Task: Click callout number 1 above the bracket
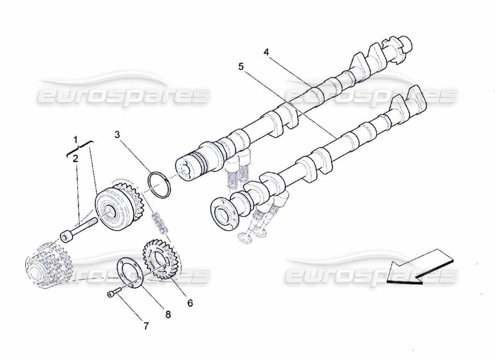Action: click(76, 139)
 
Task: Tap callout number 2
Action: click(75, 158)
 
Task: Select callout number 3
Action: click(117, 134)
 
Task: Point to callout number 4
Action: click(266, 52)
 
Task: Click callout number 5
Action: click(241, 67)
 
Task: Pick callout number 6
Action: click(190, 303)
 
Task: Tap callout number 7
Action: click(145, 326)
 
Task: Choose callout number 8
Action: click(168, 315)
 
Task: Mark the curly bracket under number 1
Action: click(80, 148)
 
